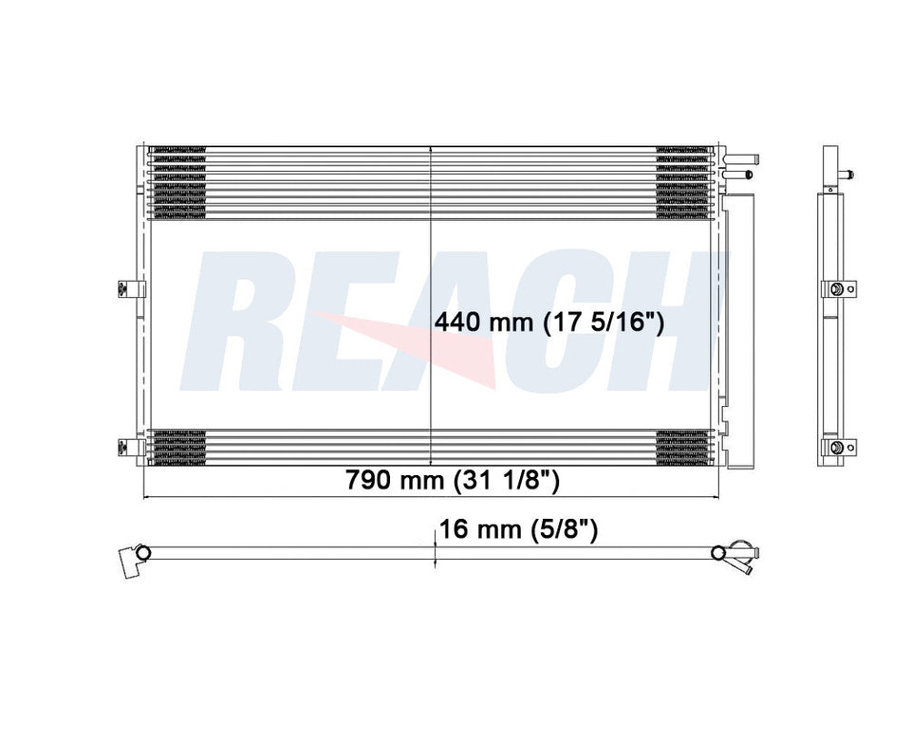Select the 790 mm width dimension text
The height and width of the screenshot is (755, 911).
[x=396, y=481]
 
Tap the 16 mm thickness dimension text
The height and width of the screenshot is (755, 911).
[x=479, y=529]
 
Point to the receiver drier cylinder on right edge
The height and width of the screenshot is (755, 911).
[x=736, y=322]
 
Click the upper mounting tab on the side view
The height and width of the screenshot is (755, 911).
[x=840, y=289]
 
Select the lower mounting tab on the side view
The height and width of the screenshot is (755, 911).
[x=840, y=448]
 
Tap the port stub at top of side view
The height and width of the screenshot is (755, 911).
[x=846, y=174]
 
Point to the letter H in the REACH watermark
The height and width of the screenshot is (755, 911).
[x=664, y=322]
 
